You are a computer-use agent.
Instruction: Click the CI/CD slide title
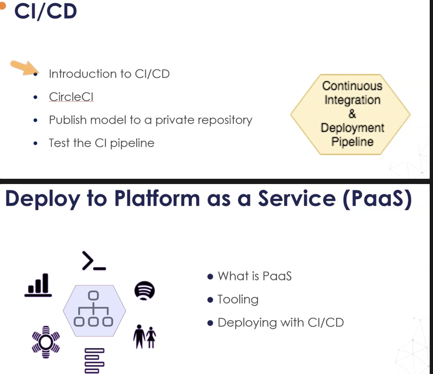pyautogui.click(x=46, y=12)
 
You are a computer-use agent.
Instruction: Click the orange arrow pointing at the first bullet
pyautogui.click(x=24, y=67)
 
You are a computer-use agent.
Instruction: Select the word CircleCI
pyautogui.click(x=71, y=97)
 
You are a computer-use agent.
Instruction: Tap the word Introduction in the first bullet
pyautogui.click(x=83, y=74)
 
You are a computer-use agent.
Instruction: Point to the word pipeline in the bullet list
pyautogui.click(x=132, y=143)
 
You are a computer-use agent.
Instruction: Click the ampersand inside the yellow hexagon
pyautogui.click(x=352, y=114)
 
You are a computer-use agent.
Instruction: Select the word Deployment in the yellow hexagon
pyautogui.click(x=352, y=128)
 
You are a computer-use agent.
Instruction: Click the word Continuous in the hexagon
pyautogui.click(x=352, y=86)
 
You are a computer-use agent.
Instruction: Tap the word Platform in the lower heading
pyautogui.click(x=157, y=198)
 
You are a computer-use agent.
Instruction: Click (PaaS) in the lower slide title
pyautogui.click(x=377, y=199)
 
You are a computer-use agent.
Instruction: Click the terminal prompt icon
pyautogui.click(x=94, y=260)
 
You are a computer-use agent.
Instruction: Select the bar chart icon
pyautogui.click(x=38, y=285)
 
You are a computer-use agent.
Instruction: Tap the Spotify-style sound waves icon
pyautogui.click(x=145, y=291)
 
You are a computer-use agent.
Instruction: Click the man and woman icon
pyautogui.click(x=145, y=336)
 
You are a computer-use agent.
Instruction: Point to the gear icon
pyautogui.click(x=46, y=342)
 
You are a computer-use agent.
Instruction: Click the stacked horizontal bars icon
pyautogui.click(x=95, y=361)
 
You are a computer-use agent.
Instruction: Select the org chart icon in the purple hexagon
pyautogui.click(x=94, y=309)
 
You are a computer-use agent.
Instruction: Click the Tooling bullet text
pyautogui.click(x=238, y=300)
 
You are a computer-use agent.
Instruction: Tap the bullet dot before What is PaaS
pyautogui.click(x=210, y=277)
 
